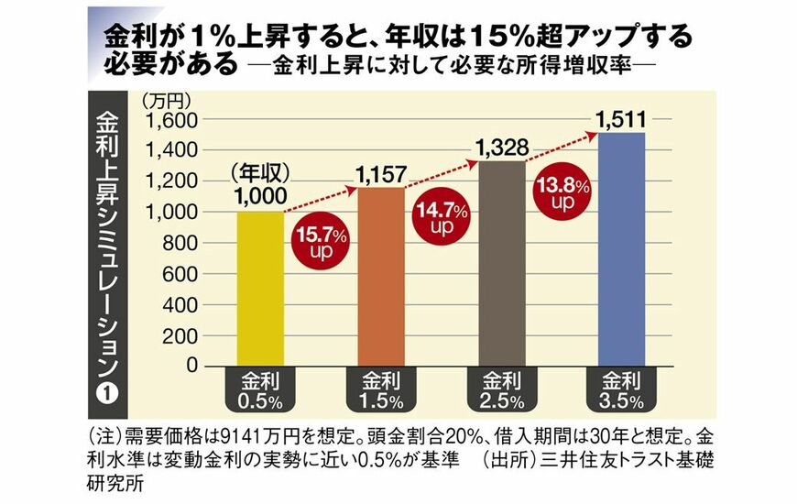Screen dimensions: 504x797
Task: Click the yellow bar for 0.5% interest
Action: tap(260, 289)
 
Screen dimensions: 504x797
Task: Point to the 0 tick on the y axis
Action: tap(191, 366)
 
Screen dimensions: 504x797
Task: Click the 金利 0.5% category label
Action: tap(260, 389)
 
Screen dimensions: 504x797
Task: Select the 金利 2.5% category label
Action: tap(498, 389)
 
